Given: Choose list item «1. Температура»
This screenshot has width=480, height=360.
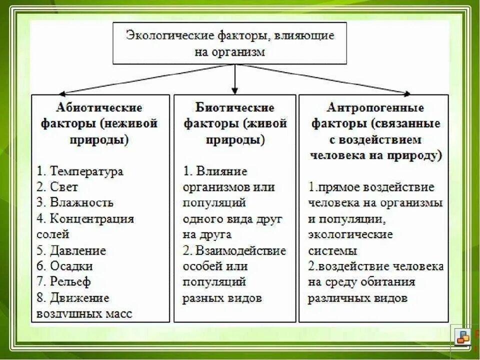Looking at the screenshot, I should pos(80,171).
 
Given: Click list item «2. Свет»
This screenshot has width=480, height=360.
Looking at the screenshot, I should pos(57,186).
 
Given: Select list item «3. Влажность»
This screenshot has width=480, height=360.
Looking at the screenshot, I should pos(75,202).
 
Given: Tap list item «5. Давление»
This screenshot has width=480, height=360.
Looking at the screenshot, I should pos(71,250).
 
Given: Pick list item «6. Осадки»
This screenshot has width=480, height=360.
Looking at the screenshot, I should pos(65,266).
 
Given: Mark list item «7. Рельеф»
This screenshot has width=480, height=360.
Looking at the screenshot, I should pos(64,282).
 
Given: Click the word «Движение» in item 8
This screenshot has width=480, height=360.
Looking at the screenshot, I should pos(79,298).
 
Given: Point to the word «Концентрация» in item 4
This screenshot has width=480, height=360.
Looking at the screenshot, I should pos(92,218).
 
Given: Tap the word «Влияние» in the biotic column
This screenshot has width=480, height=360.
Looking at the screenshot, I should pos(222,171).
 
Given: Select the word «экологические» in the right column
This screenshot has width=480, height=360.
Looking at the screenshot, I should pos(350,234).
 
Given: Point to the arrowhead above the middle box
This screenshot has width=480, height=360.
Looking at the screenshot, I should pos(234,89).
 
